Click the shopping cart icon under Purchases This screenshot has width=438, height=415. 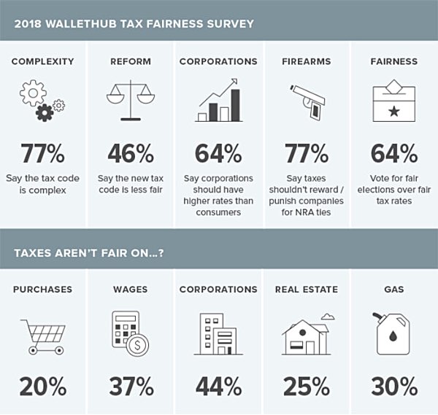[x=42, y=333]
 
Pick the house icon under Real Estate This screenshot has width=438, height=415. [x=307, y=334]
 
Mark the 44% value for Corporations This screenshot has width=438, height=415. [x=218, y=385]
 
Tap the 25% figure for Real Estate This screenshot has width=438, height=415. [x=307, y=385]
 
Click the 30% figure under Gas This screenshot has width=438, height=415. [x=394, y=385]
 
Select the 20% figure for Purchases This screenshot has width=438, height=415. [x=42, y=385]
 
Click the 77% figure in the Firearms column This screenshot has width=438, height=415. [x=307, y=154]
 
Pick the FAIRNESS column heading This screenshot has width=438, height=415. [x=394, y=61]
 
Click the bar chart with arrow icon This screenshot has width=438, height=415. [x=218, y=101]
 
